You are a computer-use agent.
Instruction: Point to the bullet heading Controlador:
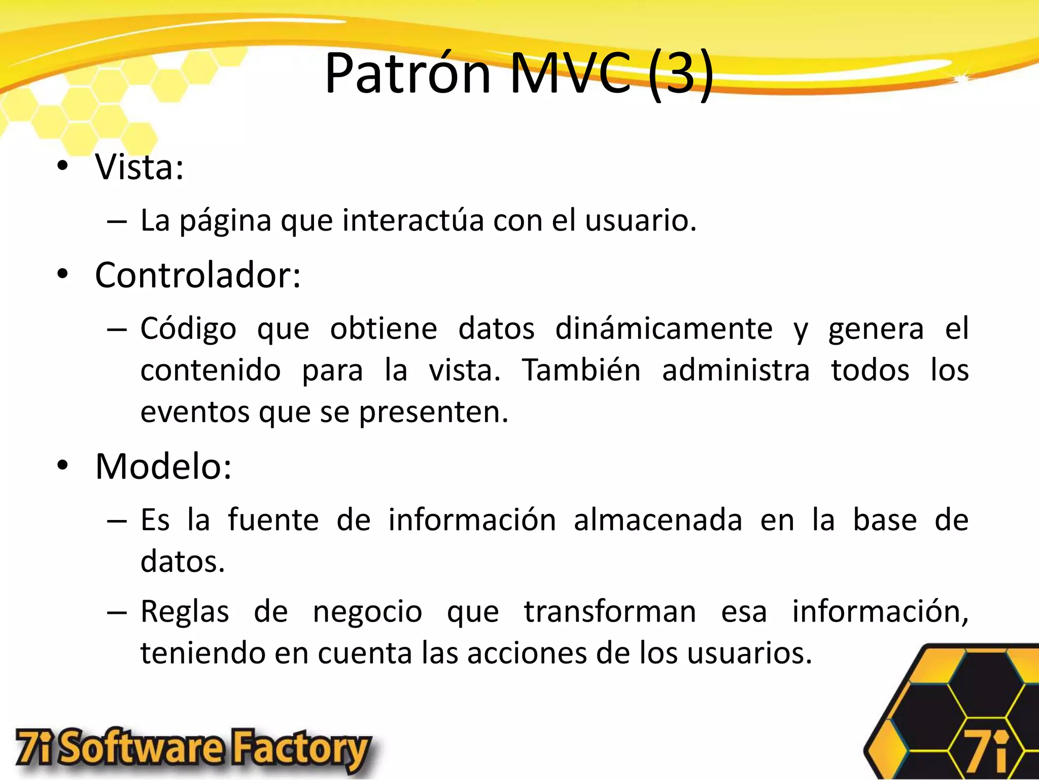[198, 275]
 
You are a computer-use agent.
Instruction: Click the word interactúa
[413, 220]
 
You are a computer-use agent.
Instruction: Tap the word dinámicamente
[664, 329]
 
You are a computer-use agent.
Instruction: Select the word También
[581, 370]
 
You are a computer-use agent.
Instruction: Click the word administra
[736, 370]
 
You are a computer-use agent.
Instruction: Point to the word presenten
[433, 412]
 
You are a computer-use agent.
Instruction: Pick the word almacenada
[658, 520]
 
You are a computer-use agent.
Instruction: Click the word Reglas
[185, 611]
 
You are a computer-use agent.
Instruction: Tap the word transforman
[610, 611]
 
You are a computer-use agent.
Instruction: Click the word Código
[188, 329]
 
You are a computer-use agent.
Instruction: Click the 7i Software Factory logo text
[193, 750]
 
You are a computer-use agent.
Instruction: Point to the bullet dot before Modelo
[62, 466]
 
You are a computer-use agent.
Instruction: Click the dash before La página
[117, 221]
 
